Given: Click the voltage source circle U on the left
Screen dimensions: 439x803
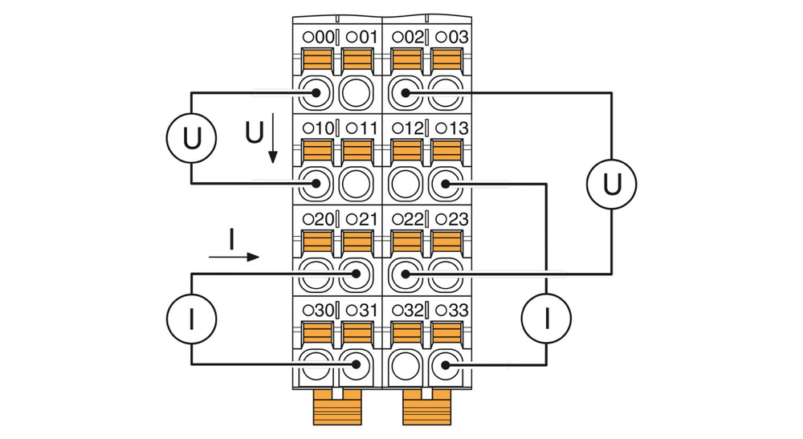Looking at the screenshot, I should (x=191, y=138).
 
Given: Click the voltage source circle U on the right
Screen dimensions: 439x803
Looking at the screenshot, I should (x=611, y=184).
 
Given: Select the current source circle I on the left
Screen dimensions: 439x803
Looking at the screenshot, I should (x=191, y=319).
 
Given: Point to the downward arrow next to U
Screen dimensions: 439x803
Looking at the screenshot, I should (x=273, y=140).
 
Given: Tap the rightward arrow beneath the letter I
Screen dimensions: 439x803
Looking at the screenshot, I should (x=234, y=257).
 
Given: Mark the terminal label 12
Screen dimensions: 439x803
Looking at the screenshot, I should (x=412, y=128).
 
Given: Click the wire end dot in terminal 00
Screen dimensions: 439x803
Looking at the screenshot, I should (x=316, y=93).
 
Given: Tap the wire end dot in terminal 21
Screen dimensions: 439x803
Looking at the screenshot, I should (x=354, y=274).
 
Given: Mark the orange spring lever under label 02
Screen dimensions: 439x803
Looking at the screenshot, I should (x=406, y=60).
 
